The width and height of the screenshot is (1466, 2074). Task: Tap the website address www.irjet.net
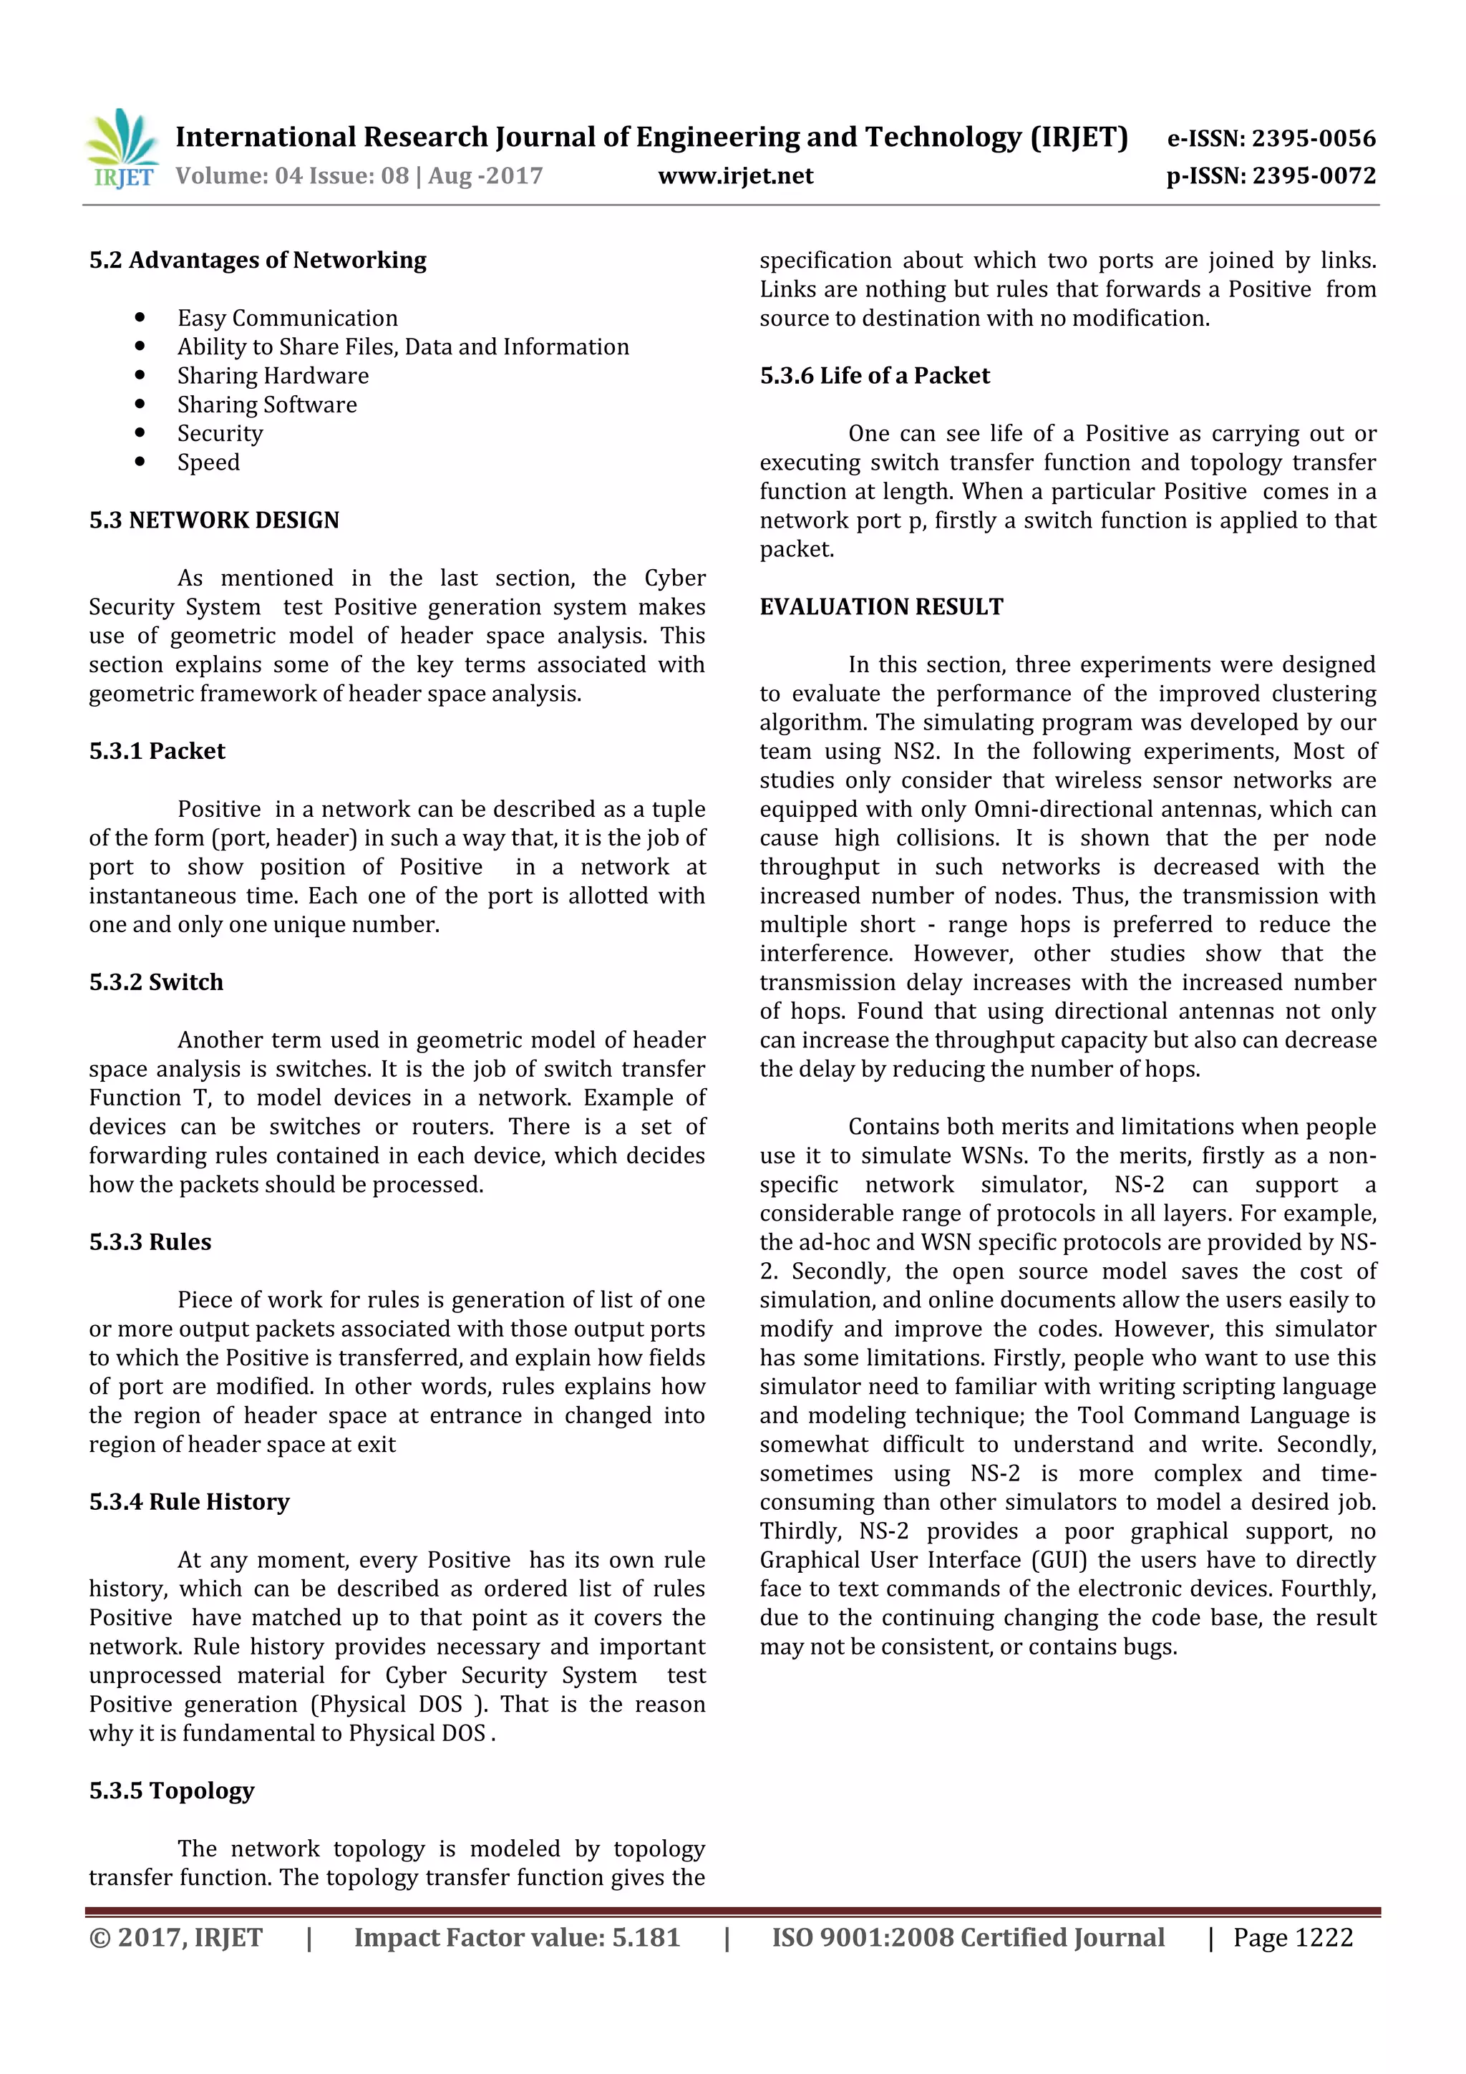tap(735, 175)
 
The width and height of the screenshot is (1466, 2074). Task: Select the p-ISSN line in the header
tap(1270, 175)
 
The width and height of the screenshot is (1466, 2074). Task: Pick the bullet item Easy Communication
tap(287, 318)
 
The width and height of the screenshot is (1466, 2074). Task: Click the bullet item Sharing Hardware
tap(273, 376)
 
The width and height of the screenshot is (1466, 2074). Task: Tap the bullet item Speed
tap(208, 462)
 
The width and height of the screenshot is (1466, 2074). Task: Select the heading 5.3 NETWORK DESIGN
tap(214, 520)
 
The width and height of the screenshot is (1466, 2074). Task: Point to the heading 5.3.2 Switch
tap(156, 982)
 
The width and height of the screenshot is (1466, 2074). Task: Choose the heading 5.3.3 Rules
tap(150, 1242)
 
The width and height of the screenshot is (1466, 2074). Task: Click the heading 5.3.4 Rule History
tap(190, 1502)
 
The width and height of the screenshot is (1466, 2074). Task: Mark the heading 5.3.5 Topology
tap(172, 1790)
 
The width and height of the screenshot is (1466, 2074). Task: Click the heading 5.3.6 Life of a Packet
tap(874, 376)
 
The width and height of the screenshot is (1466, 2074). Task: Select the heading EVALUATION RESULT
tap(880, 607)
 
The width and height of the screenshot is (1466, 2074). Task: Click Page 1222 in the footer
tap(1293, 1937)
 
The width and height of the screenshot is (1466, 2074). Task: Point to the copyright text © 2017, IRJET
tap(176, 1937)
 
